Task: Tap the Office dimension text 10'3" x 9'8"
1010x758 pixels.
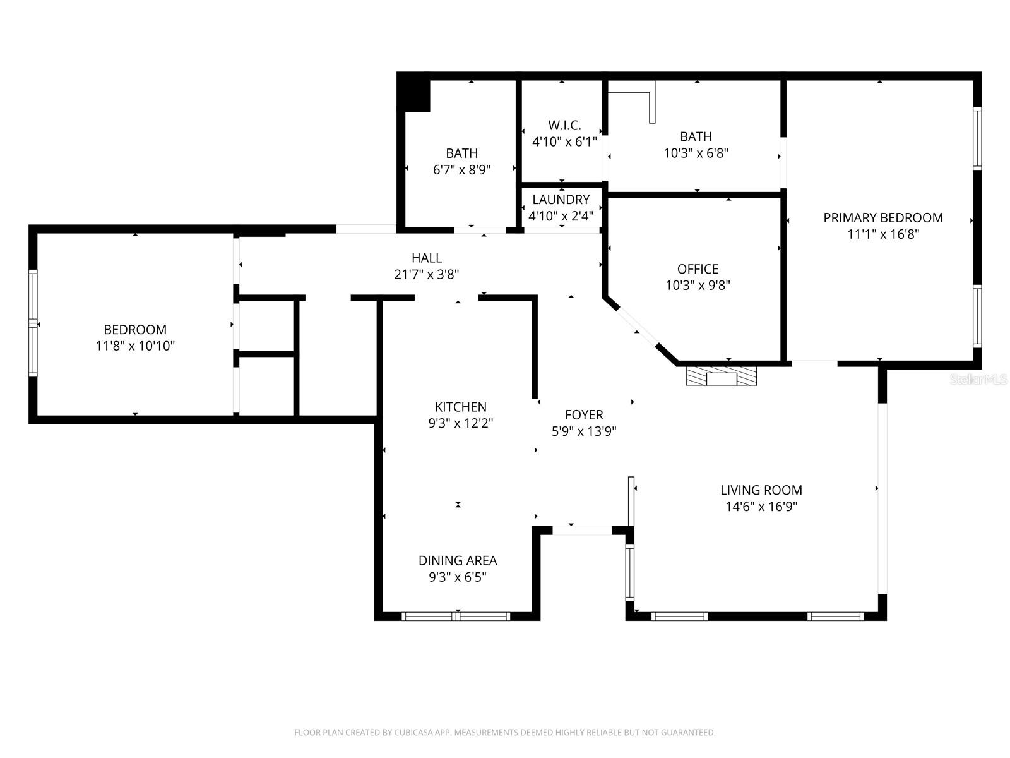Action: tap(698, 286)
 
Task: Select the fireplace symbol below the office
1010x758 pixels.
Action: tap(721, 377)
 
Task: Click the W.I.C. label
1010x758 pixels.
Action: tap(564, 126)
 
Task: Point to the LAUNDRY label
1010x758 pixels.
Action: tap(561, 200)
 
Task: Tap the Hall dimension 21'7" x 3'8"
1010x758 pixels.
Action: tap(426, 275)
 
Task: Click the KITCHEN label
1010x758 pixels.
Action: tap(460, 407)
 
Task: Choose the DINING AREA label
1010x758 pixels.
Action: tap(457, 561)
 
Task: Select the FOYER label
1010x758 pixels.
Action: tap(583, 415)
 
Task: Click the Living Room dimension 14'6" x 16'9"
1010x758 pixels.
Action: tap(761, 507)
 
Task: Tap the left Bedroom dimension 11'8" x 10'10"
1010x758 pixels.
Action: tap(135, 346)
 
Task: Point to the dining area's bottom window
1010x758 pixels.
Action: tap(456, 616)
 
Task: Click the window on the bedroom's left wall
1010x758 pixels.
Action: tap(33, 323)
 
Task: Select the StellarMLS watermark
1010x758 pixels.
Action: tap(979, 379)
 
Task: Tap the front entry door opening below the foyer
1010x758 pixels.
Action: tap(582, 531)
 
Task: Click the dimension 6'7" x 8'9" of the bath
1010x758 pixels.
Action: tap(461, 170)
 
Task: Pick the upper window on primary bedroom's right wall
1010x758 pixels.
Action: tap(977, 138)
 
